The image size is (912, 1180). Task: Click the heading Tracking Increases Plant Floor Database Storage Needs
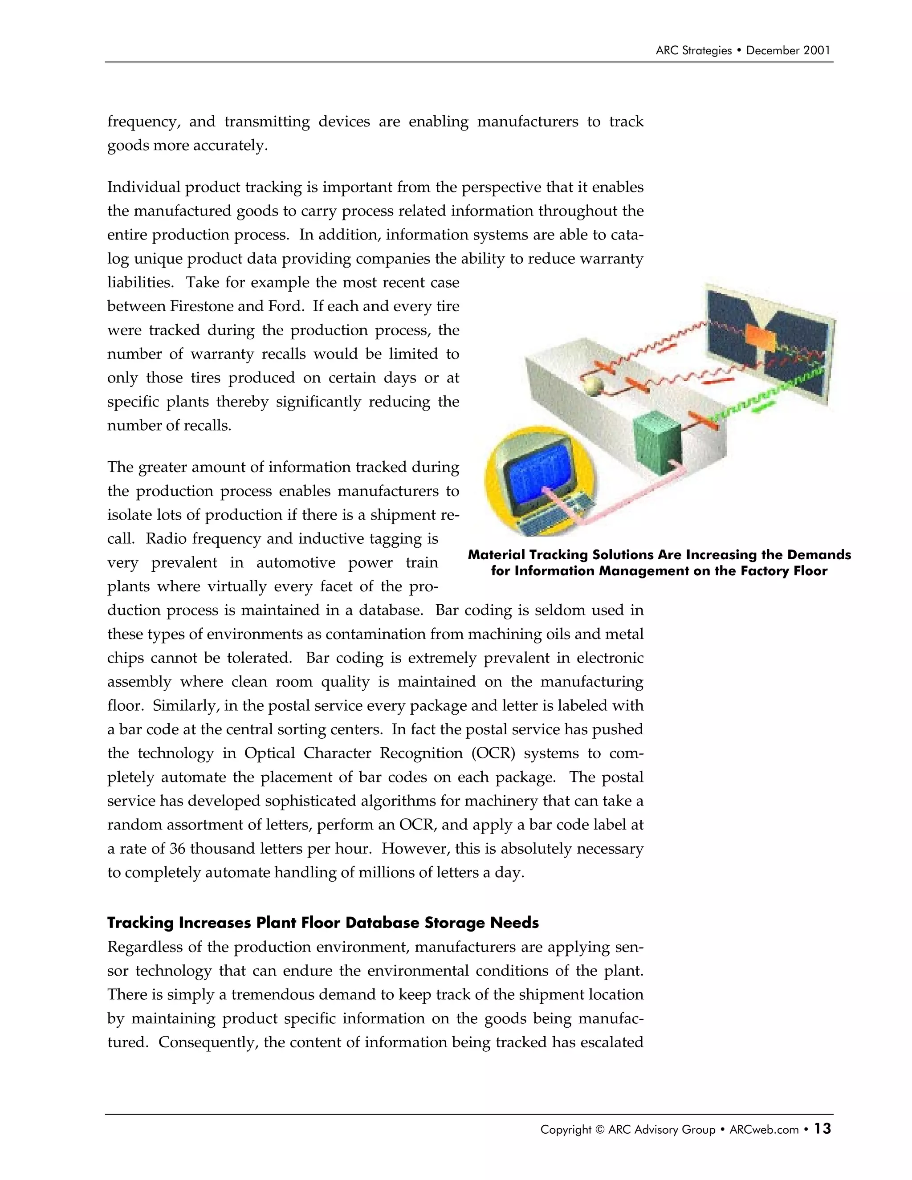coord(322,922)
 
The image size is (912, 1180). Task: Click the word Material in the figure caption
coord(496,555)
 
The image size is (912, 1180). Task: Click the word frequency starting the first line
coord(142,122)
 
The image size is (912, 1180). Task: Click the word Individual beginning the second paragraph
coord(144,187)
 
